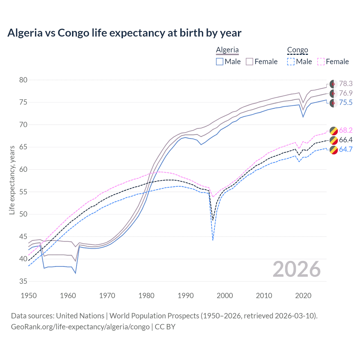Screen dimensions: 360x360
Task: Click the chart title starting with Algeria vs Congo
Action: (124, 33)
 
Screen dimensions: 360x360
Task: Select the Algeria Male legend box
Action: (220, 62)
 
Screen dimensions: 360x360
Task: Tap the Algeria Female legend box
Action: (249, 62)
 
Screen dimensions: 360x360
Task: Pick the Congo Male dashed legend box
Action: (291, 62)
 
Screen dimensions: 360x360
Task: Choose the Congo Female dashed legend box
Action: (321, 62)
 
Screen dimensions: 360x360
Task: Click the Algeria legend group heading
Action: (227, 50)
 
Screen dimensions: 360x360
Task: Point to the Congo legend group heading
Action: (298, 50)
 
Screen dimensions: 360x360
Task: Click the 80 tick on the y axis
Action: (23, 80)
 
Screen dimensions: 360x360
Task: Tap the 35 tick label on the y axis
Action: (23, 282)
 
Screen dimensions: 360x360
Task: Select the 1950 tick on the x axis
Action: (29, 296)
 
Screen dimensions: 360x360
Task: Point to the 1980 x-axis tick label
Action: (147, 296)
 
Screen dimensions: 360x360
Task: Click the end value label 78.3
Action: (346, 84)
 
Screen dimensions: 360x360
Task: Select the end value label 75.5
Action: (346, 103)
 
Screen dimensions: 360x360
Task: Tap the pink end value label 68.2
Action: (346, 130)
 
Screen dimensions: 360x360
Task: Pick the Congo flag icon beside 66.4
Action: (334, 140)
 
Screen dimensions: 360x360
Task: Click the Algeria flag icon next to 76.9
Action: (334, 93)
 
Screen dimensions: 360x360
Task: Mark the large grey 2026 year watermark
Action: (297, 269)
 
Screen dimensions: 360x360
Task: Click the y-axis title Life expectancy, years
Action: (12, 180)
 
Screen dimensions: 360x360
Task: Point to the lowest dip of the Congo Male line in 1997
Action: (213, 240)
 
